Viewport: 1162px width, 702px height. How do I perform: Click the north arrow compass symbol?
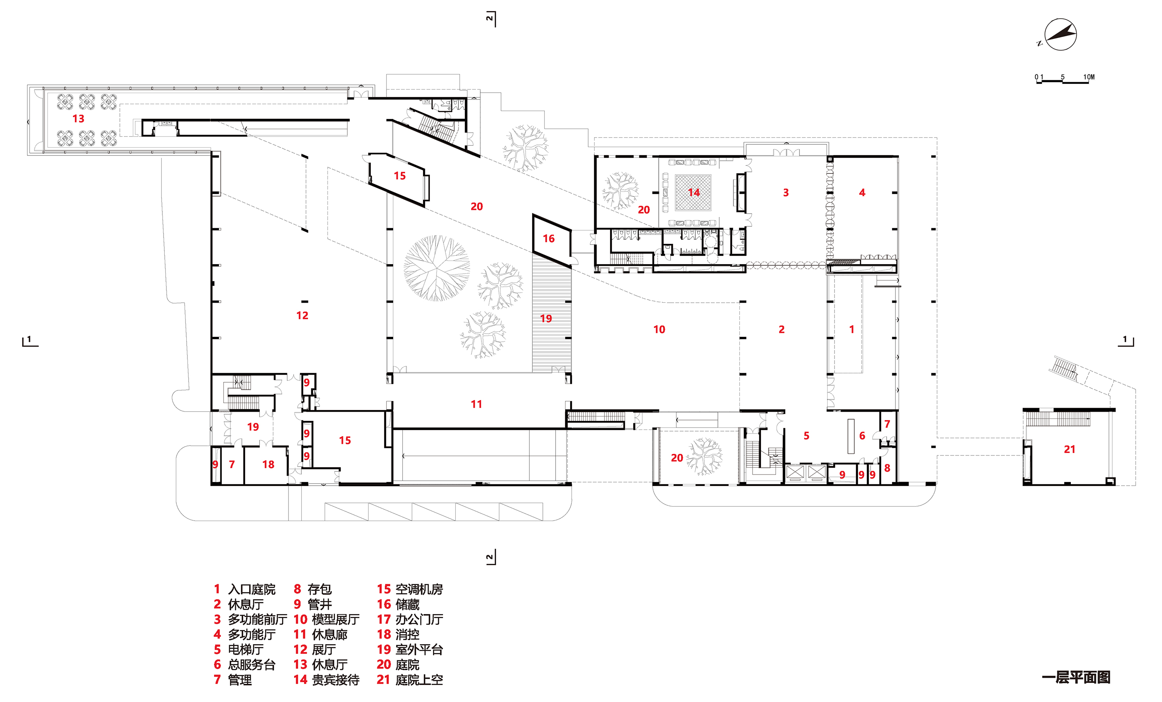coord(1060,35)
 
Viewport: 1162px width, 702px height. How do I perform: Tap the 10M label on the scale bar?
coord(1088,77)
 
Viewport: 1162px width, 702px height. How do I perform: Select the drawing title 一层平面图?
coord(1076,677)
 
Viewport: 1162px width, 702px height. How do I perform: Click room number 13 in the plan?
coord(78,119)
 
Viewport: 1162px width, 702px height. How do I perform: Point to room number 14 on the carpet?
coord(693,193)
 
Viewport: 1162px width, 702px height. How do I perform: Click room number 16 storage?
coord(548,239)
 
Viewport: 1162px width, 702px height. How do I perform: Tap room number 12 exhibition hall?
coord(302,315)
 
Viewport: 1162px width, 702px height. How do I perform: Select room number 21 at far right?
coord(1069,449)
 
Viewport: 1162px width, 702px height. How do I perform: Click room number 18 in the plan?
coord(268,465)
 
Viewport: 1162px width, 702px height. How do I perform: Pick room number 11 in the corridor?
coord(476,404)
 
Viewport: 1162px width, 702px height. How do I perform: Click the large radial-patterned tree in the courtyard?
coord(436,268)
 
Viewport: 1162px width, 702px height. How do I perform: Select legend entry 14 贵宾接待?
coord(326,679)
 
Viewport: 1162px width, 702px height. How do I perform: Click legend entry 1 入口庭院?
coord(245,589)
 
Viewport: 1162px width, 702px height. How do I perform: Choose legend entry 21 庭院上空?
coord(410,679)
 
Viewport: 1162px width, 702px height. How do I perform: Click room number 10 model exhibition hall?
coord(659,330)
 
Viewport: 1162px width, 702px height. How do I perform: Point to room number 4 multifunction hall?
coord(862,193)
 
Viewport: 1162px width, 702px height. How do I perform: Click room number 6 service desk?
coord(862,436)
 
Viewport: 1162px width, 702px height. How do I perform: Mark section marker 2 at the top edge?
coord(490,18)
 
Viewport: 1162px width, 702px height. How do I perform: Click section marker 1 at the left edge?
coord(29,340)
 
